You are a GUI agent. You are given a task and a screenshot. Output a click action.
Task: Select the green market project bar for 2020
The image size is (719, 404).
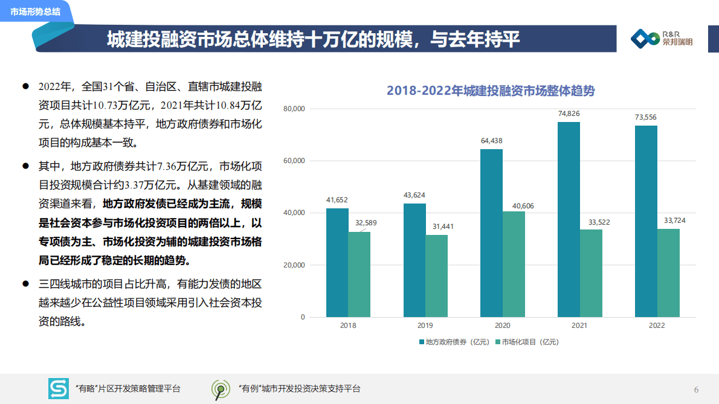[514, 264]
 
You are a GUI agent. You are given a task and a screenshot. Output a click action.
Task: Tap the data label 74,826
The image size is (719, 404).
[569, 114]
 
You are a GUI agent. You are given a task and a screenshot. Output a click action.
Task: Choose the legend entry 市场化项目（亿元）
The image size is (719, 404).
[527, 342]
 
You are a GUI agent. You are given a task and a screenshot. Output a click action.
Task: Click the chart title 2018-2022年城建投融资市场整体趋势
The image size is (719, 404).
[491, 91]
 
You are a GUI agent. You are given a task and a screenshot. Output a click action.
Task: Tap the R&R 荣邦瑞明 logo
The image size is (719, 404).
[662, 39]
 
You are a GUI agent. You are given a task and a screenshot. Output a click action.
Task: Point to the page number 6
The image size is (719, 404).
[696, 389]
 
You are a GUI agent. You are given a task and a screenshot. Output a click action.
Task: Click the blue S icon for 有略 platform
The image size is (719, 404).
[59, 389]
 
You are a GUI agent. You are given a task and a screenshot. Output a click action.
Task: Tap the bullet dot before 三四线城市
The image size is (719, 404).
[26, 283]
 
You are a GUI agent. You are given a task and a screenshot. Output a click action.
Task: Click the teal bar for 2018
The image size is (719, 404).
[337, 263]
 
